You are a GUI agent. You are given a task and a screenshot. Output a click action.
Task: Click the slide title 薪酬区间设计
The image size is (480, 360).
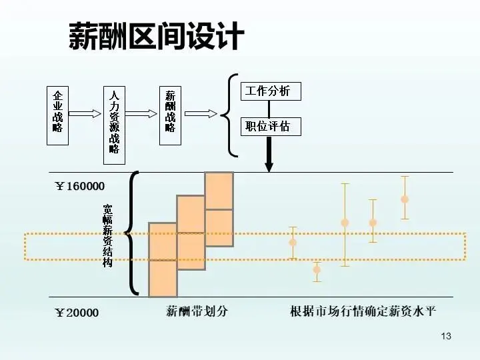point(157,37)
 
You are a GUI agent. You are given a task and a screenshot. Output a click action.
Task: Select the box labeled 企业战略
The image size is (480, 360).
point(57,115)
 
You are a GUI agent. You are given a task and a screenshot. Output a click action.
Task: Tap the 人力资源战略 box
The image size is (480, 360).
point(114,124)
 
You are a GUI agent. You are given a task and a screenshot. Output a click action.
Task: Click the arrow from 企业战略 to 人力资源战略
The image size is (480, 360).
point(85,113)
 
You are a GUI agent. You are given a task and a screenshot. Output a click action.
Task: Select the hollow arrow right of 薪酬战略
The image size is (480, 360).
point(201,113)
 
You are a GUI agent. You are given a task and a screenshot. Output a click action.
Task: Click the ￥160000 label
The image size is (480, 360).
point(79,186)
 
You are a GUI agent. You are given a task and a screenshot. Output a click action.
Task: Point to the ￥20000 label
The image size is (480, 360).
point(77,313)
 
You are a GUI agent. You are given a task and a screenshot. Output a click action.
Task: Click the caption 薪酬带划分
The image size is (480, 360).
point(197,311)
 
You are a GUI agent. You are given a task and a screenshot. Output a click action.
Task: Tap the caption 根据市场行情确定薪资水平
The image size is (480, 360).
point(363,311)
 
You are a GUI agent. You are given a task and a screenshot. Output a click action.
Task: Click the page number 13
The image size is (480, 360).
point(446,336)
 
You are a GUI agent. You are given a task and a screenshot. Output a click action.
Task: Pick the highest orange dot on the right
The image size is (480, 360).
point(404,199)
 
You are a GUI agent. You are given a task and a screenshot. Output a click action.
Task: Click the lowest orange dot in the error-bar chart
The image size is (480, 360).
point(317,269)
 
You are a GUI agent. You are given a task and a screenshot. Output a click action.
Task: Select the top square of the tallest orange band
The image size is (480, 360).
point(219,191)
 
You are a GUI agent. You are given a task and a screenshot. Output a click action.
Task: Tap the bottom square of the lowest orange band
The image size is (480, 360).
point(163,278)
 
